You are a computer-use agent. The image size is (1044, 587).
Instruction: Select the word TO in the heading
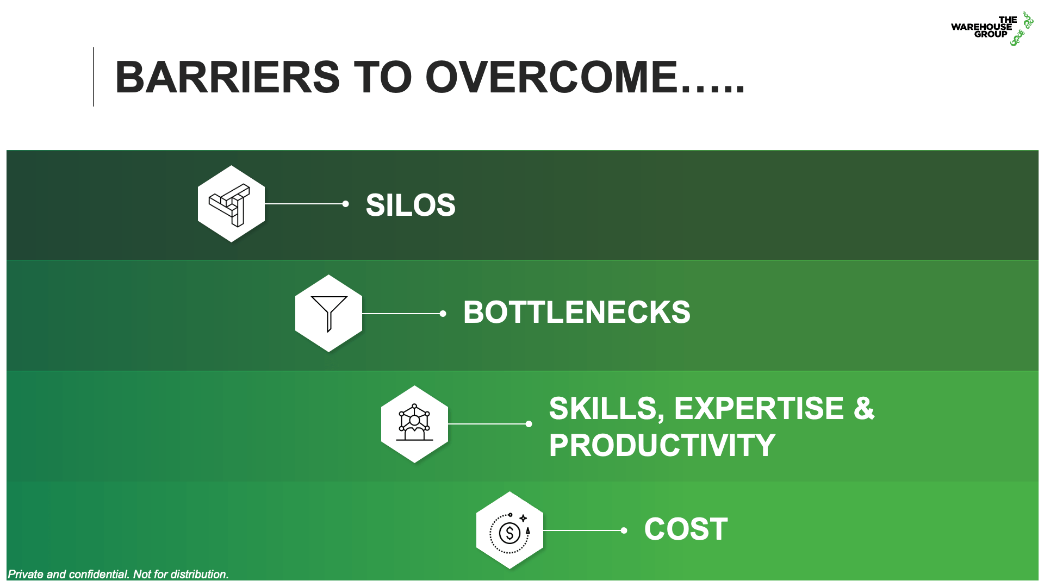(x=383, y=77)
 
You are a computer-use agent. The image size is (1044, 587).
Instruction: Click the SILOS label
(x=411, y=205)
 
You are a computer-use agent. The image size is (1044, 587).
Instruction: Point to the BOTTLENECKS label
(x=576, y=313)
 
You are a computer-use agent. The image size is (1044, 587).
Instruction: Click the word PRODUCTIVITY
(x=662, y=445)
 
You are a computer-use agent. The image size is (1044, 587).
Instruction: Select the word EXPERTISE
(x=759, y=408)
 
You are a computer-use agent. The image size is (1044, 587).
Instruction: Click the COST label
(x=686, y=529)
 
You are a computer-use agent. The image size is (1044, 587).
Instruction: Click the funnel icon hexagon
(x=328, y=313)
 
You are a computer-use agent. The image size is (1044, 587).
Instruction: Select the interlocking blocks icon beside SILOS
(x=231, y=204)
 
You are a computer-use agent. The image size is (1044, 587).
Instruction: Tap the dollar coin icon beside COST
(x=509, y=530)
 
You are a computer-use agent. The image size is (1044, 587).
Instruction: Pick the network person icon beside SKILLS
(x=414, y=424)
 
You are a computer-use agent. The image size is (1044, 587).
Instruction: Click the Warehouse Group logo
(x=991, y=27)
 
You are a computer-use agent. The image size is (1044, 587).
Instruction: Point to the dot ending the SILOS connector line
(x=345, y=204)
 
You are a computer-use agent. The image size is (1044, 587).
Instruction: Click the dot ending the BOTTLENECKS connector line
(x=443, y=314)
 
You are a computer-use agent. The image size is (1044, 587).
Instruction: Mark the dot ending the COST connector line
(x=624, y=530)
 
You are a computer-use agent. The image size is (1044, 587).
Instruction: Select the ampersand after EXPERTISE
(x=864, y=408)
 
